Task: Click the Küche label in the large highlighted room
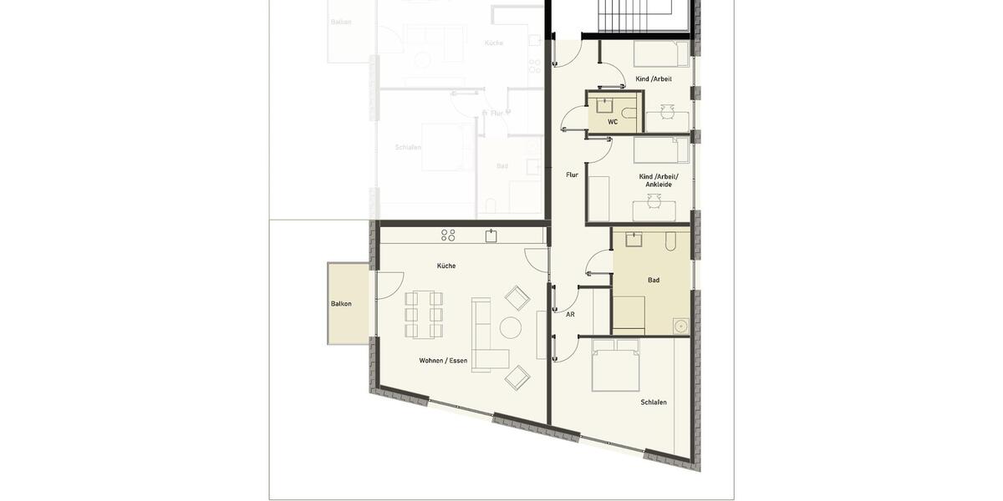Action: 446,266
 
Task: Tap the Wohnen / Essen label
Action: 443,361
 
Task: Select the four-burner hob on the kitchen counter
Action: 448,235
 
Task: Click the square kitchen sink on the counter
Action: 491,236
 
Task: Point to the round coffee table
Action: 510,327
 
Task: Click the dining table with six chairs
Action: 424,315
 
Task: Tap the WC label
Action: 613,122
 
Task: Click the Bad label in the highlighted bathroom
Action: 654,280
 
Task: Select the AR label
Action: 570,315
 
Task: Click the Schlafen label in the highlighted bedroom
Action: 654,402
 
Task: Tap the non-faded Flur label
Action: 572,175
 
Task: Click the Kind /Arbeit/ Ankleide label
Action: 659,180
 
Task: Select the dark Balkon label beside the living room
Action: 341,304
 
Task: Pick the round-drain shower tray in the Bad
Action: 681,326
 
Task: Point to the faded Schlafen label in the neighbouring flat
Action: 408,147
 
